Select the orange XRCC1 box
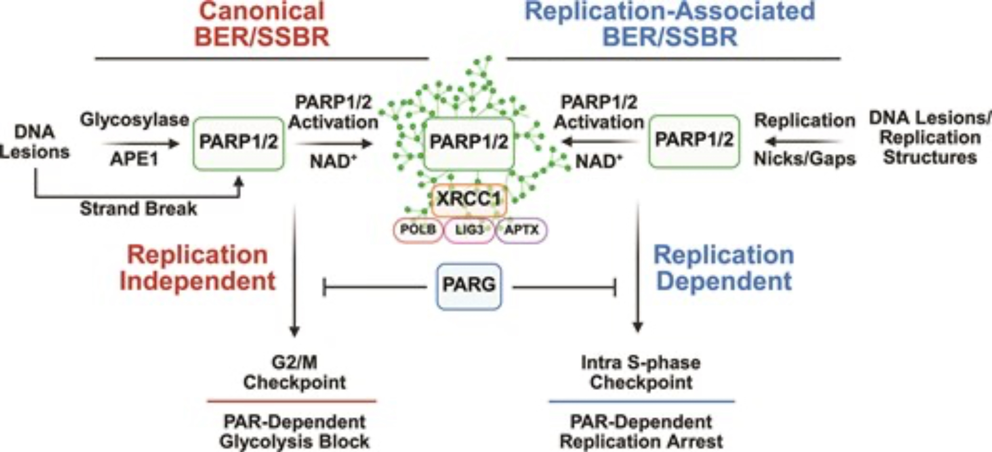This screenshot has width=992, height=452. (x=469, y=199)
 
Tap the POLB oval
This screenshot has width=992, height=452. (x=418, y=230)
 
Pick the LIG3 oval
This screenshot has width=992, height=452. (x=469, y=230)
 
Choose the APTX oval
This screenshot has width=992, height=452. (x=521, y=230)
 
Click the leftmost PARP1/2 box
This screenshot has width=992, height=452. (x=238, y=143)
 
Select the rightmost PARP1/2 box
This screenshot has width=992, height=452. (x=694, y=141)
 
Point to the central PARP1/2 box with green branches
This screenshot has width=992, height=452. (x=469, y=143)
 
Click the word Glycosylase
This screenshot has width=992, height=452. (x=134, y=120)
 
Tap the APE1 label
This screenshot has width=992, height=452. (x=134, y=160)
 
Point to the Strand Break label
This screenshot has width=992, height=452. (x=138, y=209)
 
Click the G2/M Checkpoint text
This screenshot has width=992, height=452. (x=294, y=373)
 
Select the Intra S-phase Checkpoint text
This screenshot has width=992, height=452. (x=641, y=373)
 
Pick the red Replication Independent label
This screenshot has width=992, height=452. (x=197, y=268)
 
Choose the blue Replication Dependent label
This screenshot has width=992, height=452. (x=724, y=268)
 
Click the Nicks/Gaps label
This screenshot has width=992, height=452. (x=805, y=159)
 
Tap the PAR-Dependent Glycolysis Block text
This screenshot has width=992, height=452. (x=294, y=432)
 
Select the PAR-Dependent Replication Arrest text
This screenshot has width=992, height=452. (x=641, y=432)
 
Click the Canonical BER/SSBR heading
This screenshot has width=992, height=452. (x=262, y=25)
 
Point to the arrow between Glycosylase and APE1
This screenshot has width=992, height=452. (x=140, y=144)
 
